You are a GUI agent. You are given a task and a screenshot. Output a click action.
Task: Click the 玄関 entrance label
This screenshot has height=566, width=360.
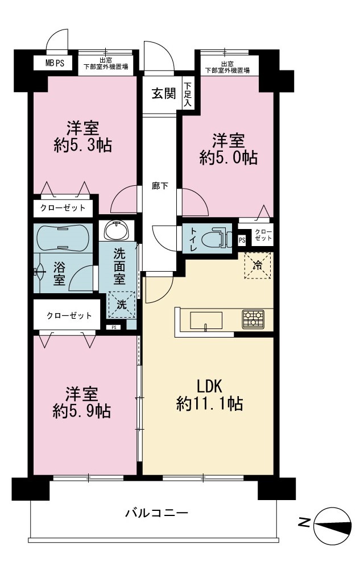pyautogui.click(x=164, y=94)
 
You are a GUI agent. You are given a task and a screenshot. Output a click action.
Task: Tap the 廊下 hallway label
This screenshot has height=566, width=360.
pyautogui.click(x=160, y=186)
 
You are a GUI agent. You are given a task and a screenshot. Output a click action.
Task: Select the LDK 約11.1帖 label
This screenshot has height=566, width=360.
pyautogui.click(x=209, y=396)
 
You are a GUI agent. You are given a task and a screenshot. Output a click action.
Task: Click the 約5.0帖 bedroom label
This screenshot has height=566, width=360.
pyautogui.click(x=229, y=149)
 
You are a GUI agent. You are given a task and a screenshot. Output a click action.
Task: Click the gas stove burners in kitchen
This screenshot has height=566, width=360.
pyautogui.click(x=253, y=319)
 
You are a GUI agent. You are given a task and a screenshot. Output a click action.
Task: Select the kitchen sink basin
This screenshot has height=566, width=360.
pyautogui.click(x=206, y=320)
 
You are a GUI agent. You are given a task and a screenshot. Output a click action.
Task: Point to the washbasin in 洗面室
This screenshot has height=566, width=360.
pyautogui.click(x=116, y=231)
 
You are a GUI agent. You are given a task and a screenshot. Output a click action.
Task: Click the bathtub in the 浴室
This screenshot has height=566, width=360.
pyautogui.click(x=63, y=238)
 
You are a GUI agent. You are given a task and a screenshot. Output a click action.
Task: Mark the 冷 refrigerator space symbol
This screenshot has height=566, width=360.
pyautogui.click(x=258, y=265)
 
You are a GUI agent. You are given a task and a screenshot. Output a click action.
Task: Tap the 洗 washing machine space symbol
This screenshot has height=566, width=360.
pyautogui.click(x=122, y=305)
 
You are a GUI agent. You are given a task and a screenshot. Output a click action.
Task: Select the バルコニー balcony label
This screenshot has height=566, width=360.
pyautogui.click(x=157, y=513)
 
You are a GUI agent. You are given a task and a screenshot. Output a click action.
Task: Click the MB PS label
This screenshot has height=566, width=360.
pyautogui.click(x=55, y=63)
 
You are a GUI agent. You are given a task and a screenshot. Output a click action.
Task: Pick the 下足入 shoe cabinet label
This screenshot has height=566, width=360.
pyautogui.click(x=188, y=94)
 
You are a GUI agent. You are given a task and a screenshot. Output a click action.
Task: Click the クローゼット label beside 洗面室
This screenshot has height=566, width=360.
pyautogui.click(x=69, y=316)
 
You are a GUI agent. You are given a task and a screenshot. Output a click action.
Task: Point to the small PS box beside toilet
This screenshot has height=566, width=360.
pyautogui.click(x=242, y=240)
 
